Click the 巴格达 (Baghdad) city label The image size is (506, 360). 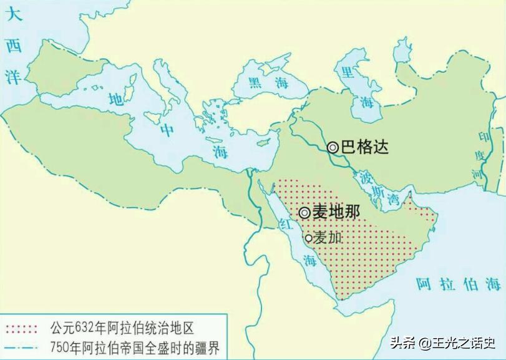pos(365,147)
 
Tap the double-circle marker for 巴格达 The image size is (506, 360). pos(333,147)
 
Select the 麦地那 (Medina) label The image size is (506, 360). pos(336,212)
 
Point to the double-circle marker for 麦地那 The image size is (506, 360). pos(304,212)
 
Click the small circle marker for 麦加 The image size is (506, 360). pos(308,238)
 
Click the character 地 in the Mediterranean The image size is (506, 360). pos(116,99)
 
